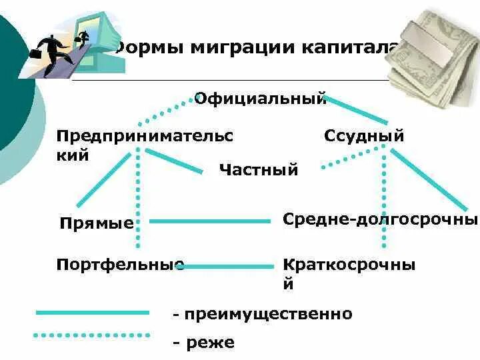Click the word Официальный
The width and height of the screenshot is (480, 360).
(x=260, y=99)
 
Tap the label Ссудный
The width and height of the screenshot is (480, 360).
(x=364, y=137)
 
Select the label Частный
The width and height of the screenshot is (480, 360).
(x=258, y=170)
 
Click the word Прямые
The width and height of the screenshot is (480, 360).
(x=96, y=223)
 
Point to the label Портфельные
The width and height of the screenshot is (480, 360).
(x=120, y=265)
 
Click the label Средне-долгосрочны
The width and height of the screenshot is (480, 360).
(x=380, y=219)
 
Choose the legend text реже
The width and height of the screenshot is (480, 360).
(x=203, y=343)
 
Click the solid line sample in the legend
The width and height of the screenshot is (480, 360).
(x=92, y=312)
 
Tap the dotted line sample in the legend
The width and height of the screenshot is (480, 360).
(x=92, y=335)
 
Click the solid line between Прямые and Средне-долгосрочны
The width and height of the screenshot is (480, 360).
(x=210, y=221)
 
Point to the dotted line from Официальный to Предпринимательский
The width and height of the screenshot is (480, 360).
(x=163, y=114)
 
